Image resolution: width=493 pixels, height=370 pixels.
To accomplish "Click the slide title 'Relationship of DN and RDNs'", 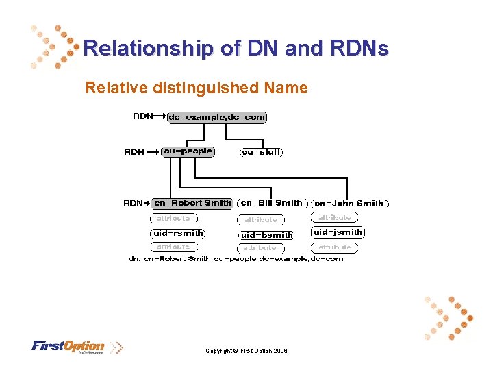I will point(236,49).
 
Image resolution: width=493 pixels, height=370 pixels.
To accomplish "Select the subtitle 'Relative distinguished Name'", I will point(197,88).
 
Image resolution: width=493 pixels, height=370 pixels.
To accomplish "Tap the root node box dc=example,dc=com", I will point(217,117).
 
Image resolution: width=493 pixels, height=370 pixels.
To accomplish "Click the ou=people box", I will point(188,151).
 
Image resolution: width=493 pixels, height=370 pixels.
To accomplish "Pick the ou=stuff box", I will point(261,152).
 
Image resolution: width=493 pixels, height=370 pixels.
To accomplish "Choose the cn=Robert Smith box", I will point(192,203).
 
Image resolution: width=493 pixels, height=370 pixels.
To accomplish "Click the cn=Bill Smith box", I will point(272,203).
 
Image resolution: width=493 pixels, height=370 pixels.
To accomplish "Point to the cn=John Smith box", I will point(349,203).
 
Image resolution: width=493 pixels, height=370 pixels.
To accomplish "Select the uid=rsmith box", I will point(178,233).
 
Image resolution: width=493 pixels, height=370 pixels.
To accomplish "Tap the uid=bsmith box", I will point(266,235).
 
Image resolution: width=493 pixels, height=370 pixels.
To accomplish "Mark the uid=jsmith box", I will point(338,232).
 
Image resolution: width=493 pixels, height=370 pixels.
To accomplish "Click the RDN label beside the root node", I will point(142,116).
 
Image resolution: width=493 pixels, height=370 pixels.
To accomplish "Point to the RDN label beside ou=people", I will point(134,152).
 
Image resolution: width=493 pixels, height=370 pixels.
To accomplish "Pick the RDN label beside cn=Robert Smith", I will point(133,203).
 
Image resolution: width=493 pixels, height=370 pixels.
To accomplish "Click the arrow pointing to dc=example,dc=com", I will point(160,116).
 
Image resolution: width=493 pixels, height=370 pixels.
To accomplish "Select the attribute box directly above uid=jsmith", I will point(335,218).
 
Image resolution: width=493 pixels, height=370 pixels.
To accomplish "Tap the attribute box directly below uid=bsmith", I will point(260,248).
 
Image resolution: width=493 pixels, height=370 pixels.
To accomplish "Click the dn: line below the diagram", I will point(236,259).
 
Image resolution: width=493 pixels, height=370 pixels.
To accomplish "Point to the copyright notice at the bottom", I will point(246,351).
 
